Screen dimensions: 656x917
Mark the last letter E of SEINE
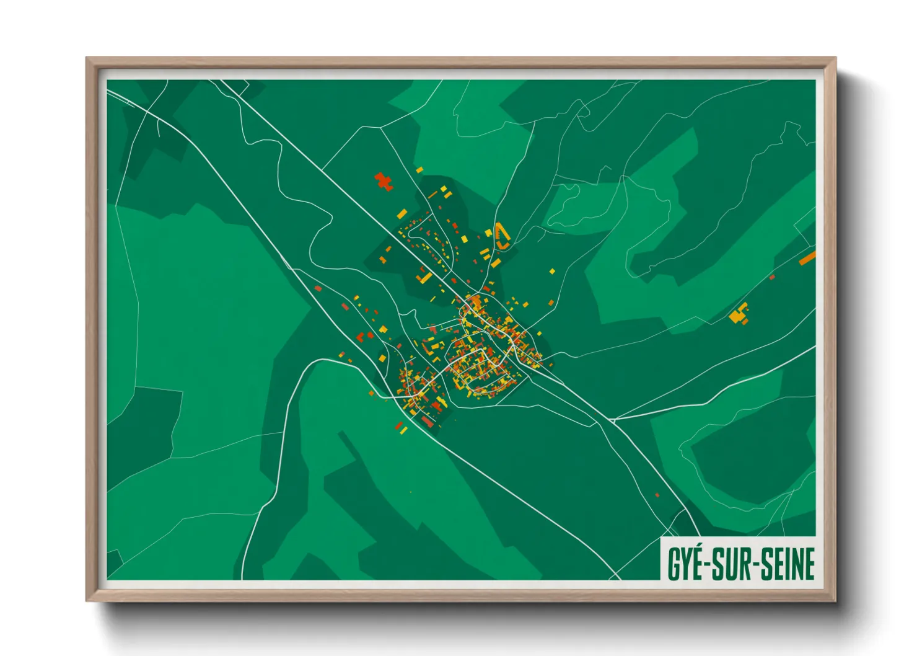(809, 564)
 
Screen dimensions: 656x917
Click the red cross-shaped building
(384, 181)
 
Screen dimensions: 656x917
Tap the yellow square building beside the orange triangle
(488, 233)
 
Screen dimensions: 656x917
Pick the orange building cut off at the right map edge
(807, 258)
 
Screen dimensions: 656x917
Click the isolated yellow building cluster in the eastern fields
(739, 314)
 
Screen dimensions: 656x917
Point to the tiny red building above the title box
(657, 495)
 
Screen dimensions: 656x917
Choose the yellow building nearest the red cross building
(419, 169)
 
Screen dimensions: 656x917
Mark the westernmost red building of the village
(318, 288)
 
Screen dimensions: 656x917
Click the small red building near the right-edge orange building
(772, 277)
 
